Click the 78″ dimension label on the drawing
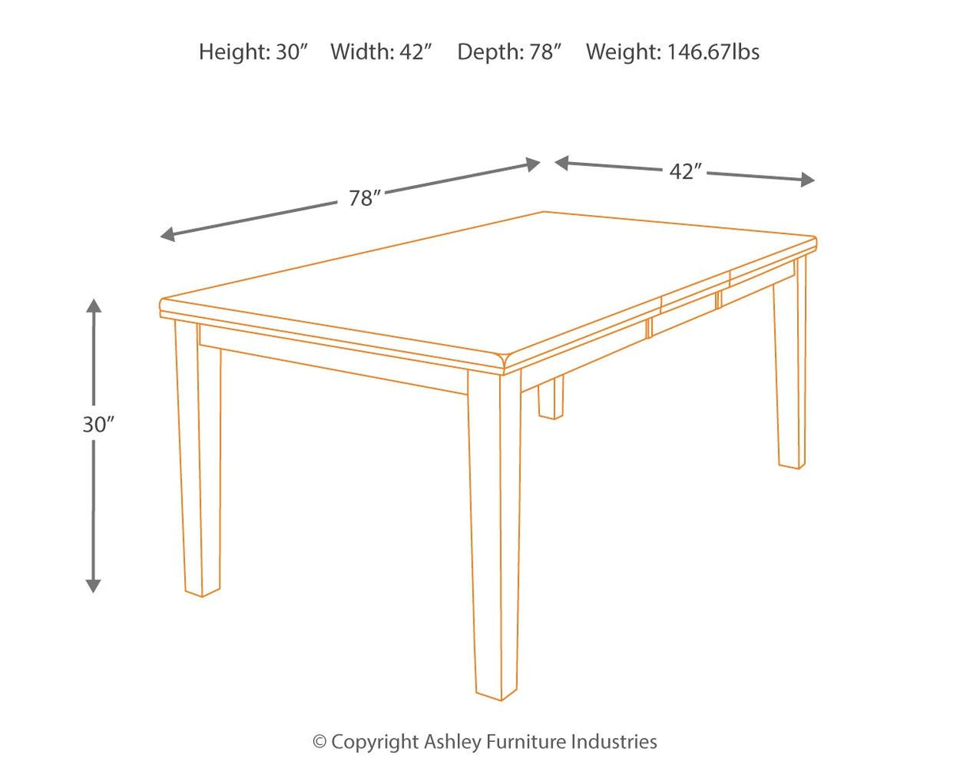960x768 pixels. pyautogui.click(x=365, y=198)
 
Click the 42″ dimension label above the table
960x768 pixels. pyautogui.click(x=686, y=172)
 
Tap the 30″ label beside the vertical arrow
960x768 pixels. pyautogui.click(x=98, y=424)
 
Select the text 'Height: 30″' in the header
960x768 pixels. pyautogui.click(x=252, y=52)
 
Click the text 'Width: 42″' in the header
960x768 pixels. pyautogui.click(x=381, y=52)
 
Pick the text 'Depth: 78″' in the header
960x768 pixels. pyautogui.click(x=508, y=52)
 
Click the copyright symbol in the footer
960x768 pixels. pyautogui.click(x=319, y=742)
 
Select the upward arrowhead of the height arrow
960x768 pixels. pyautogui.click(x=94, y=307)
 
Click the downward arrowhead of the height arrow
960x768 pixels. pyautogui.click(x=94, y=585)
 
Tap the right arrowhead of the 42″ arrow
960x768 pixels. pyautogui.click(x=807, y=180)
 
